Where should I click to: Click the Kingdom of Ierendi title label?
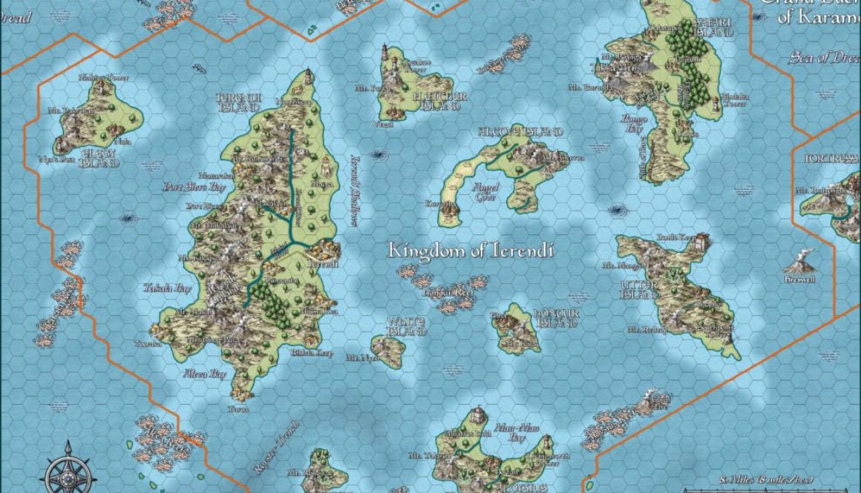[471, 251]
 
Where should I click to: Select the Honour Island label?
[555, 318]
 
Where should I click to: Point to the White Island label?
[406, 326]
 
